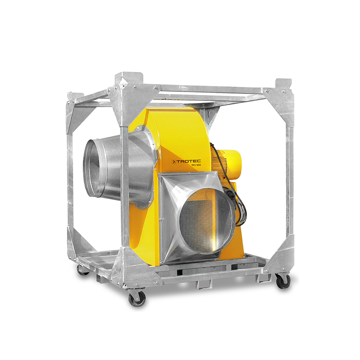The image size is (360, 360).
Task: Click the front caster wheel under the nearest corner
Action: click(x=137, y=298)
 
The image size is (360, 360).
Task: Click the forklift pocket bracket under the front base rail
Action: click(x=202, y=284)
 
